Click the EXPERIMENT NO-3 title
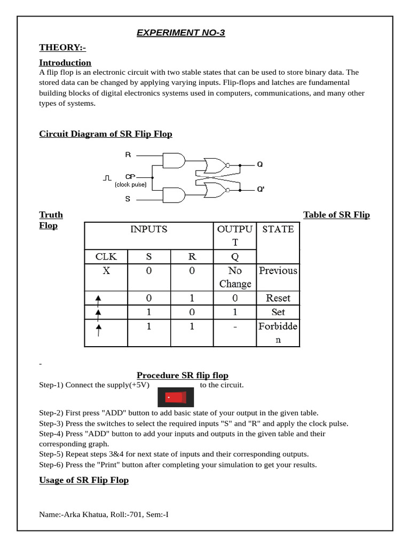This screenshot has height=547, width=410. coord(180,33)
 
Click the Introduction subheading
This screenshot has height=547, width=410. coord(65,62)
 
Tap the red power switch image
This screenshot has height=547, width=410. coord(176,397)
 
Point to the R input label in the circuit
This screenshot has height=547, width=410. coord(128,155)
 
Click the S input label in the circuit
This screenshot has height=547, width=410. coord(128,199)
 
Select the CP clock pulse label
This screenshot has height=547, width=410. coord(130,176)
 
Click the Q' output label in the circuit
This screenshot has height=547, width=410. coord(261,189)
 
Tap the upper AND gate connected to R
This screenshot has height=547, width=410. coord(174,161)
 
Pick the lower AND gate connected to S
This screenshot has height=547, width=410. coord(174,194)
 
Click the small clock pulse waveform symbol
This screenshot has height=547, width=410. coord(107,177)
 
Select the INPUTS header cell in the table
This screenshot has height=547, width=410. coord(149,229)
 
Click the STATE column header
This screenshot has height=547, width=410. coord(278,229)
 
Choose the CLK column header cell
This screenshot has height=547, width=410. coord(106,256)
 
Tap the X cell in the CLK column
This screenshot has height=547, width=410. coord(106,271)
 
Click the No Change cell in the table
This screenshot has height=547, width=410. coord(235,277)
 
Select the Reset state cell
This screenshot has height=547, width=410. coord(278,298)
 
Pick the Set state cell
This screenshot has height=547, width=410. coord(278,312)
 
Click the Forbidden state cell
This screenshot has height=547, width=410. coord(278,332)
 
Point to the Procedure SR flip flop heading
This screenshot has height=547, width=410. coord(183,376)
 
